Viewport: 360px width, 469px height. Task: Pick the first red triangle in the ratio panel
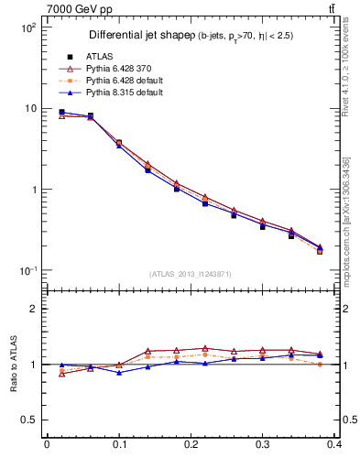(61, 374)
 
